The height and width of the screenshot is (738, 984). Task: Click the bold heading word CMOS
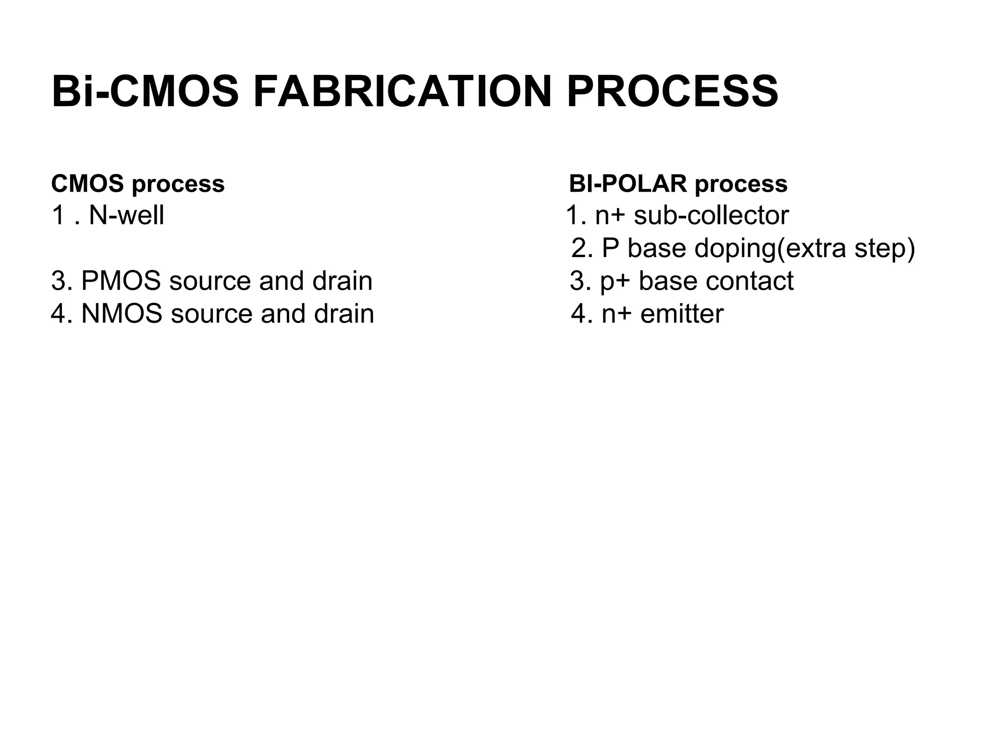click(x=87, y=184)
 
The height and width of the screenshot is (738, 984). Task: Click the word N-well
click(x=126, y=215)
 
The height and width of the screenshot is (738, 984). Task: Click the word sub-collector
click(x=711, y=215)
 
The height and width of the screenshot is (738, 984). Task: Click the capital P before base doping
click(x=610, y=249)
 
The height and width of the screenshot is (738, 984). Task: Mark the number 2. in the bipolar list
click(x=582, y=249)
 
